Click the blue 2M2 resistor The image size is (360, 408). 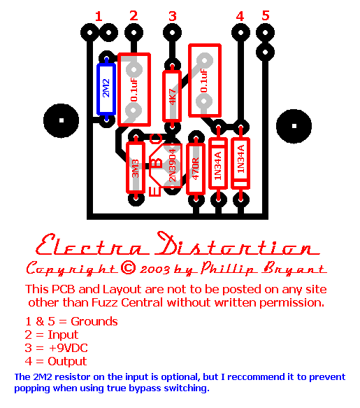(106, 89)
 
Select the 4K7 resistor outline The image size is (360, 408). (172, 96)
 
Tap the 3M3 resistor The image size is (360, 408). (136, 168)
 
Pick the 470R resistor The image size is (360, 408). (196, 169)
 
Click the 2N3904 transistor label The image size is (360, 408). (173, 165)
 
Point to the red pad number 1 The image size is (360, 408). (99, 16)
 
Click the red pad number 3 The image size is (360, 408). (173, 16)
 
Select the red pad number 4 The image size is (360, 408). (240, 16)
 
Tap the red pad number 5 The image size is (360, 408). (266, 15)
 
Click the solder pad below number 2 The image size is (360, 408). (134, 33)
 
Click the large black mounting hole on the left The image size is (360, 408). (62, 120)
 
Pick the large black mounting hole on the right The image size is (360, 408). (294, 126)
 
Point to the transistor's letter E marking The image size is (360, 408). (155, 191)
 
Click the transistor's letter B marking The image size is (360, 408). (157, 163)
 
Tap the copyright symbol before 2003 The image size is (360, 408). (129, 267)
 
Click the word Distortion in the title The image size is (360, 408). (237, 244)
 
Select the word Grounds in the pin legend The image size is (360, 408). (94, 321)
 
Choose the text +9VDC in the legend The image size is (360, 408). (68, 348)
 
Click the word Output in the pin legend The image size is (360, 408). (67, 361)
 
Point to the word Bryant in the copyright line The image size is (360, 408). (294, 268)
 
